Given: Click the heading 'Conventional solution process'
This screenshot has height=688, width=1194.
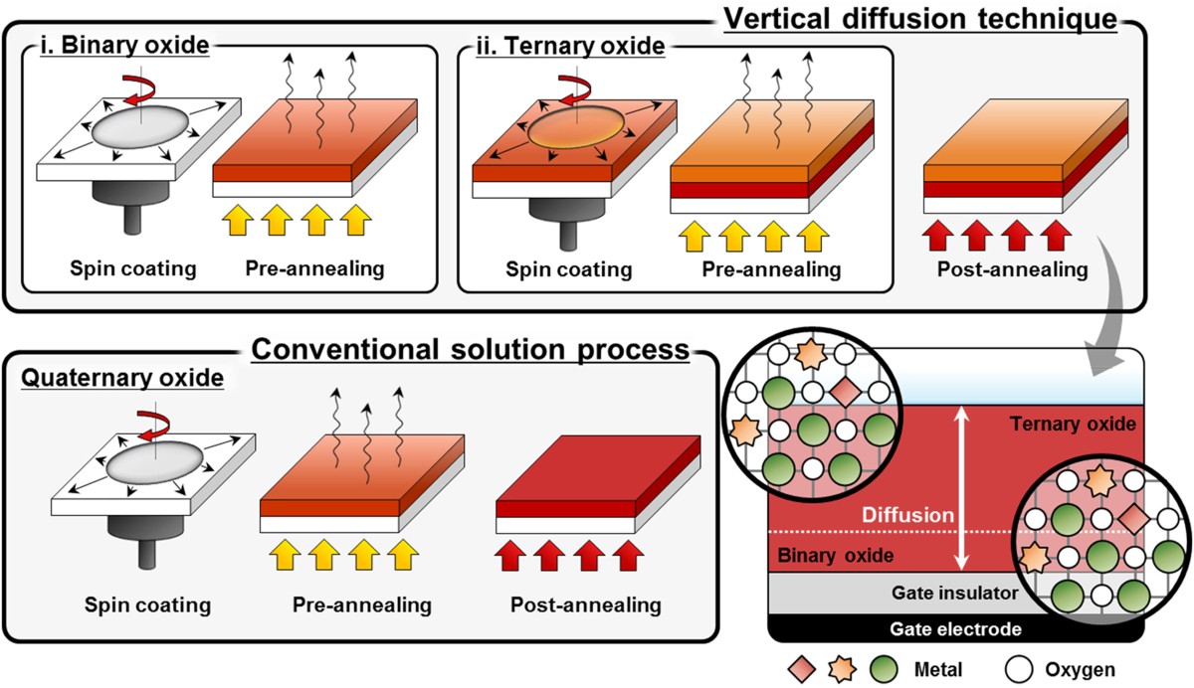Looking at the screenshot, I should [x=471, y=349].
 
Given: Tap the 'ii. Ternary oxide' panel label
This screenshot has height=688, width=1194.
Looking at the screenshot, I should [x=570, y=47].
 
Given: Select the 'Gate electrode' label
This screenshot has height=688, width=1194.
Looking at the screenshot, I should [x=955, y=629].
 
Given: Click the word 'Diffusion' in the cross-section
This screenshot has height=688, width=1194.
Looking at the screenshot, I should [x=901, y=516].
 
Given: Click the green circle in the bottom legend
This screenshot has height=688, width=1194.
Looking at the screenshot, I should [x=885, y=668].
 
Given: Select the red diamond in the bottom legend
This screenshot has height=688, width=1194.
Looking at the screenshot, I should [x=801, y=668].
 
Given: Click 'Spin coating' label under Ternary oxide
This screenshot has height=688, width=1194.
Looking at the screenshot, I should [x=569, y=269].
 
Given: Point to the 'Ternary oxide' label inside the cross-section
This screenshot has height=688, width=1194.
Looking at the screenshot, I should [x=1071, y=425].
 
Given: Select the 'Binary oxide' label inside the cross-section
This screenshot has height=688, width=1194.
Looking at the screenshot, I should [x=831, y=555].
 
